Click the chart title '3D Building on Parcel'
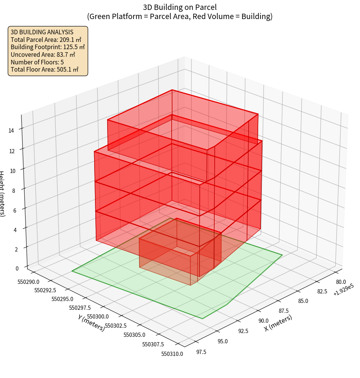pos(180,7)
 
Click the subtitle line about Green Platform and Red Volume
pos(180,16)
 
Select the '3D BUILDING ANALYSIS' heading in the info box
pos(42,32)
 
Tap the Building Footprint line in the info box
pos(48,47)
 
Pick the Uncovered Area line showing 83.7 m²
pos(45,54)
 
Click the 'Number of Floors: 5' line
pos(37,62)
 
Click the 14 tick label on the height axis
pos(11,130)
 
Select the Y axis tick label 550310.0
pos(172,354)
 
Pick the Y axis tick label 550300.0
pos(98,316)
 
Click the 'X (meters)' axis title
pos(278,323)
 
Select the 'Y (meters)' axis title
pos(91,323)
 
